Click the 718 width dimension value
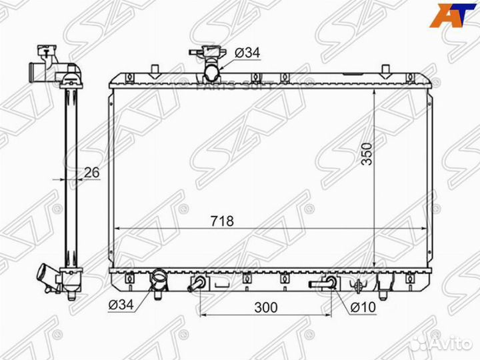click(222, 221)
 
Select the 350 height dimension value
click(367, 154)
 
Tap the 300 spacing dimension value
click(266, 307)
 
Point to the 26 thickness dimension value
click(92, 173)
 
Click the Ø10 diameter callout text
click(363, 307)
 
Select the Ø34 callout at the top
click(247, 53)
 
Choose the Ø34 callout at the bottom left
click(121, 304)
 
